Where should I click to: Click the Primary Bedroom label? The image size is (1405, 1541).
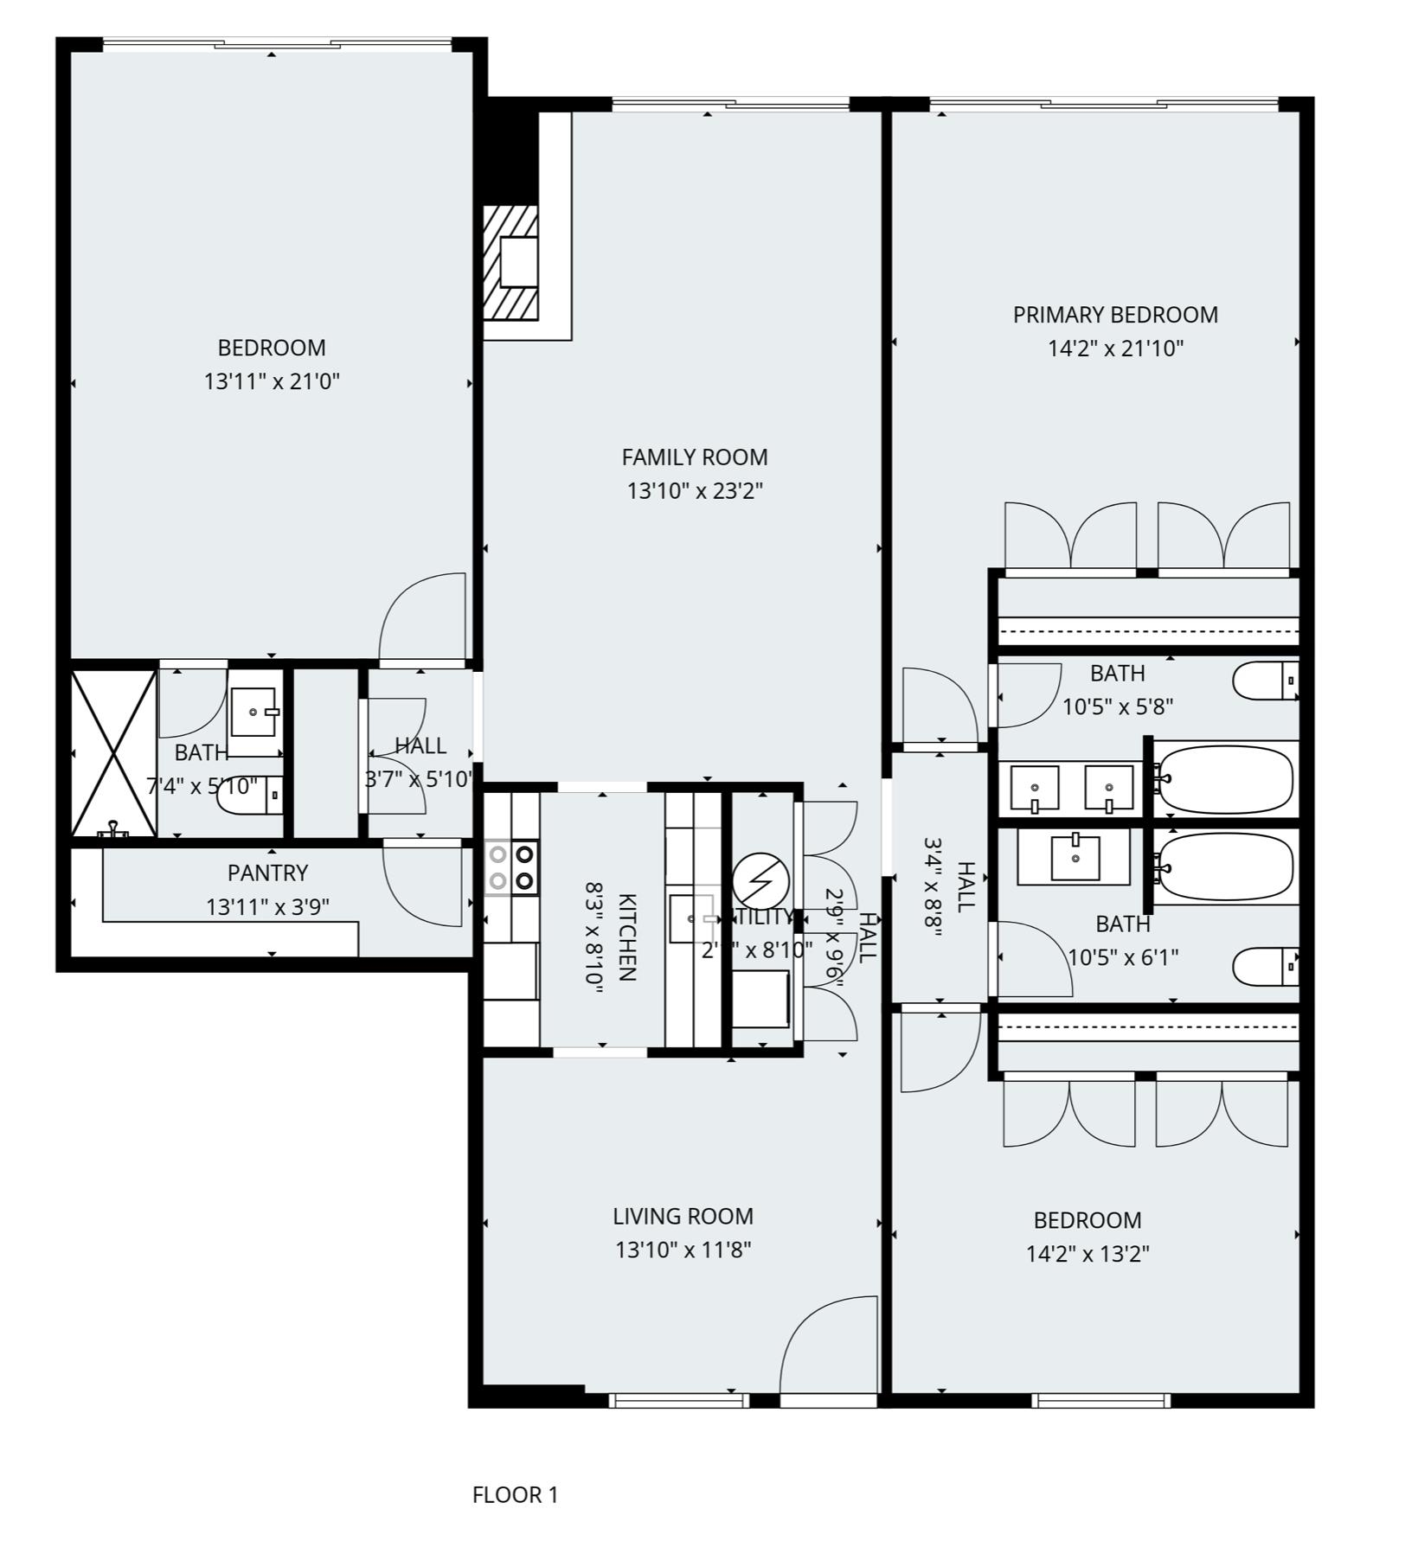tap(1115, 315)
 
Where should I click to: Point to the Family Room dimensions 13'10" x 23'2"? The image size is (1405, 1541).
tap(694, 491)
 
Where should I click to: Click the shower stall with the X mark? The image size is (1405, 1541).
tap(114, 753)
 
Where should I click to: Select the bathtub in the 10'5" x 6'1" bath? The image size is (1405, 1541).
tap(1225, 866)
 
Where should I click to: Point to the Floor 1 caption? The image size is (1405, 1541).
tap(515, 1494)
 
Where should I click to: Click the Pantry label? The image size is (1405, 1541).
tap(267, 873)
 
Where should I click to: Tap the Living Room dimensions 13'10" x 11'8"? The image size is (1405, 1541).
tap(683, 1250)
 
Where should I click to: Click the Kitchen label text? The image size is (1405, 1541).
tap(628, 937)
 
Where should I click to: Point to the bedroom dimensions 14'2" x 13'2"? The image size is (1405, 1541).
tap(1087, 1254)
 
